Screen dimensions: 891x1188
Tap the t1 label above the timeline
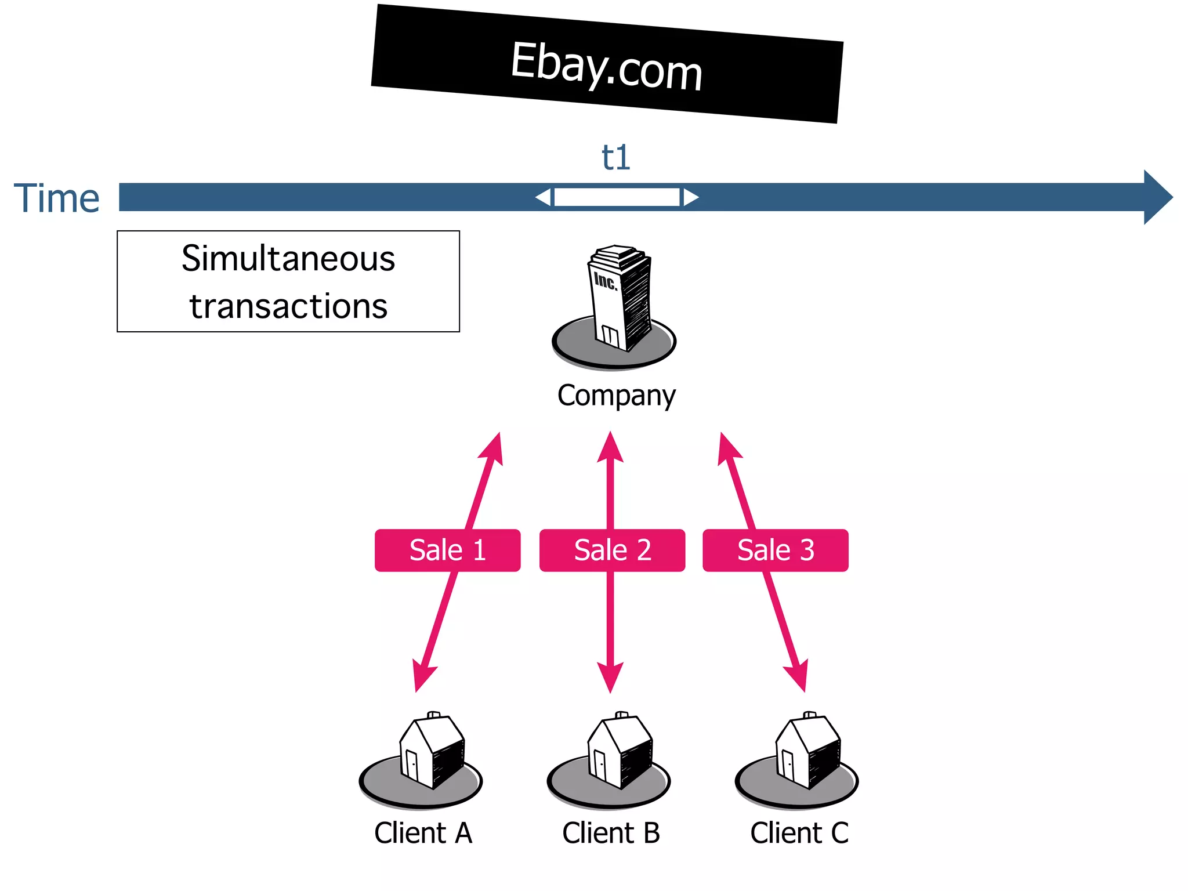615,158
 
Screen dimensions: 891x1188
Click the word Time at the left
57,198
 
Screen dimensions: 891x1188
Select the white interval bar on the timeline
617,197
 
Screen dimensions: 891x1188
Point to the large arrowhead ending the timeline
1157,197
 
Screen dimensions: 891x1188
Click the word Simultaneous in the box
288,259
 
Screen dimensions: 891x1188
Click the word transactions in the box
288,306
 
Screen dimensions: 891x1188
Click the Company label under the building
616,396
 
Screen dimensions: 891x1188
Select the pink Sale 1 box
447,550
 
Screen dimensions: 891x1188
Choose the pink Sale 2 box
612,550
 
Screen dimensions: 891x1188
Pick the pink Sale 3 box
776,550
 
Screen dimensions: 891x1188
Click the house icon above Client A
431,751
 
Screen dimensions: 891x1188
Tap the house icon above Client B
619,751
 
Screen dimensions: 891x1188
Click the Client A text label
423,833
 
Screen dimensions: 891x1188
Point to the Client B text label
611,833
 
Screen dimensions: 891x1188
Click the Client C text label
799,833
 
